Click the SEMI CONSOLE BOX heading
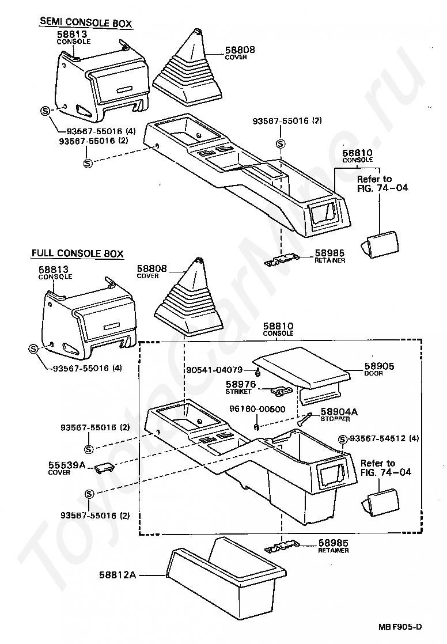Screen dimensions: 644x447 click(85, 24)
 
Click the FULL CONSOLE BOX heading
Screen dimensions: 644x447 click(77, 253)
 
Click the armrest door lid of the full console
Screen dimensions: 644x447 click(302, 369)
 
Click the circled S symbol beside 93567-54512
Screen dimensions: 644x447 click(342, 439)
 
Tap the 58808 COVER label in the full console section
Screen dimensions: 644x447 click(151, 271)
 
